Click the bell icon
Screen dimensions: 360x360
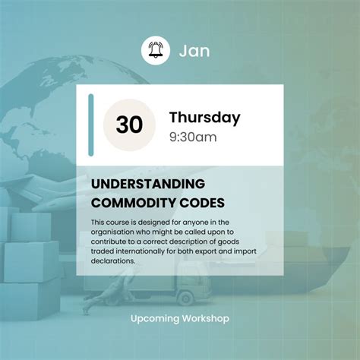(156, 50)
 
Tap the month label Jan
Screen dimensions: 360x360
(194, 51)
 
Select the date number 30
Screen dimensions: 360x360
(129, 125)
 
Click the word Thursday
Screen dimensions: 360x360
(205, 118)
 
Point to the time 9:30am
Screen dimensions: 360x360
(193, 137)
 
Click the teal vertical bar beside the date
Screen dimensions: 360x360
(91, 125)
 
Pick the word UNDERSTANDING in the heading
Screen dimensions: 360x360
(148, 184)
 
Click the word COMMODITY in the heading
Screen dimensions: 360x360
(133, 203)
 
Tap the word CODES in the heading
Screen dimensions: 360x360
(202, 203)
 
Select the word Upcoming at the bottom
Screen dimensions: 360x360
(155, 319)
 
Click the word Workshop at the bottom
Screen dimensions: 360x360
(205, 318)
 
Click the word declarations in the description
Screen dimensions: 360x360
(113, 261)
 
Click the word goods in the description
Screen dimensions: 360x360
(229, 242)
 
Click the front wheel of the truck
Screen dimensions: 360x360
(185, 298)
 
